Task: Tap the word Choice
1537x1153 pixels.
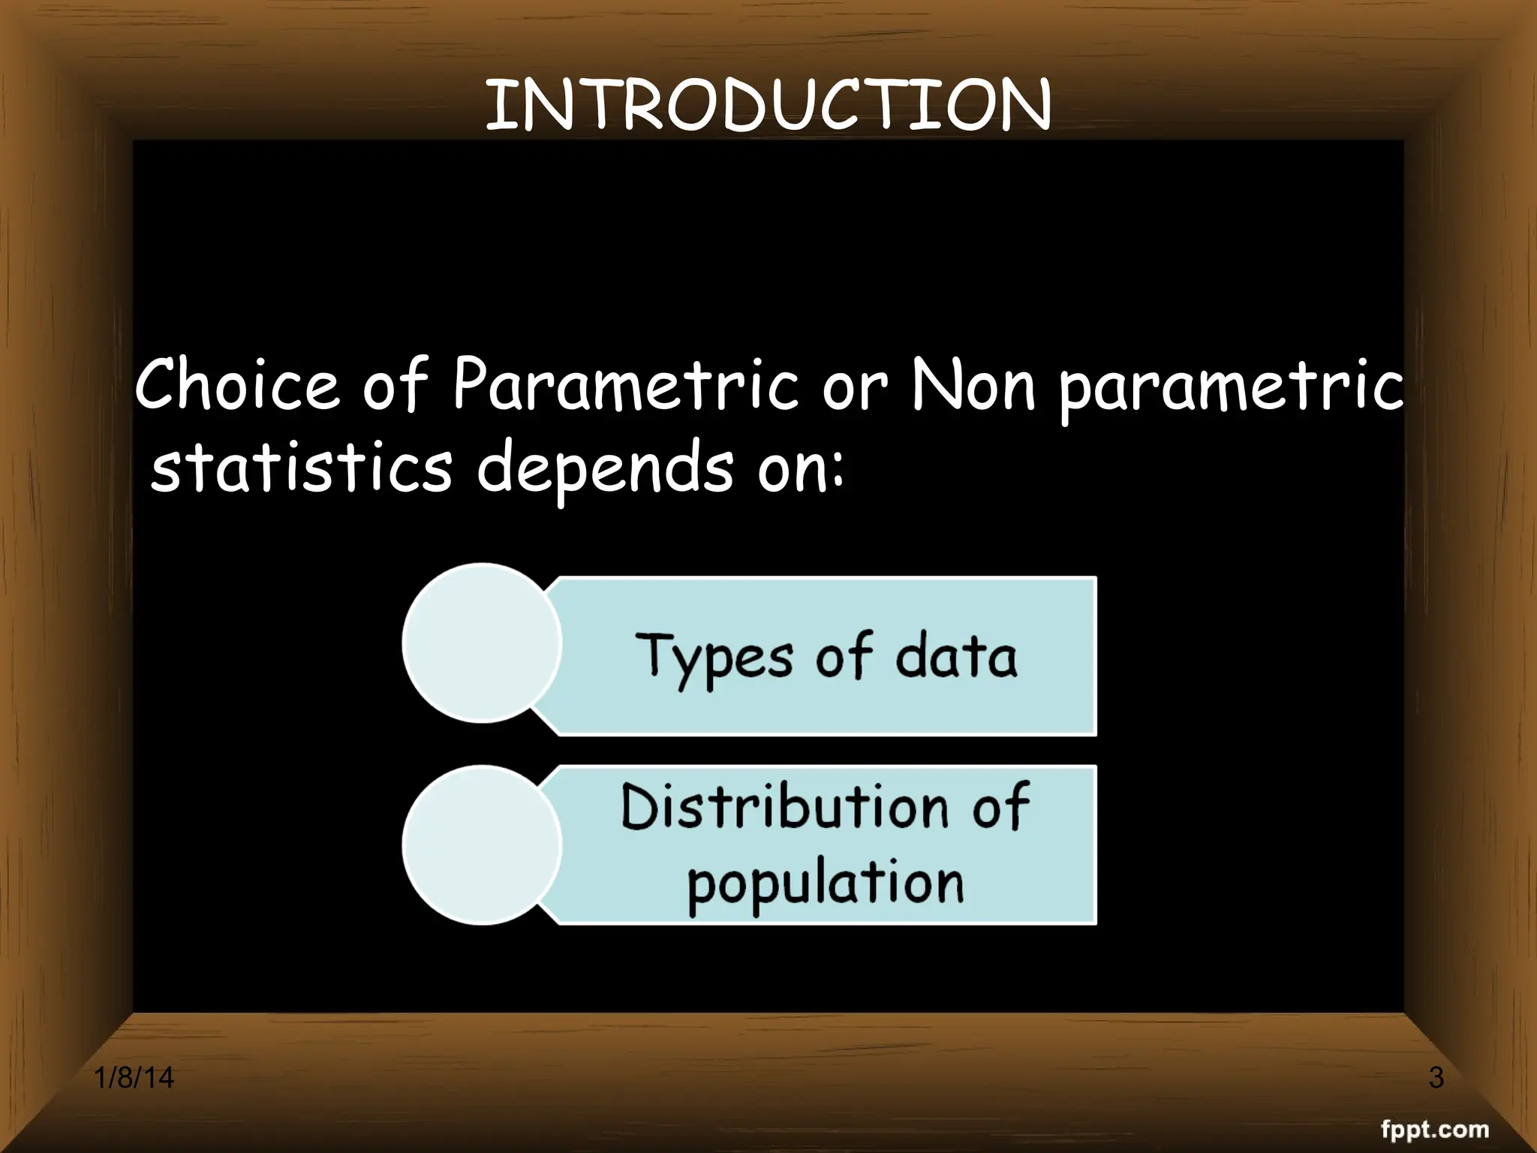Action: click(x=237, y=384)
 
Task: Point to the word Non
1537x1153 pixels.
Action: click(x=973, y=384)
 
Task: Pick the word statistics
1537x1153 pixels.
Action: click(x=302, y=467)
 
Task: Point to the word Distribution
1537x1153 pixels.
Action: click(x=784, y=807)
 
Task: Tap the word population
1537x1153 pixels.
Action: click(x=826, y=884)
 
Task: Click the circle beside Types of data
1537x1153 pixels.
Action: click(x=482, y=643)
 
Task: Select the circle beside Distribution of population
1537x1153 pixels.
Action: click(x=482, y=845)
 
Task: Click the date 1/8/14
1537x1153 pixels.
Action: click(x=134, y=1077)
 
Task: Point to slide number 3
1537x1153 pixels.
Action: click(x=1436, y=1077)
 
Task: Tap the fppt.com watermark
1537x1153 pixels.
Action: click(x=1434, y=1128)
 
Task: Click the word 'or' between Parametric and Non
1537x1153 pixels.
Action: click(x=854, y=389)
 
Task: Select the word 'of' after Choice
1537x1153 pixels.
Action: click(x=395, y=384)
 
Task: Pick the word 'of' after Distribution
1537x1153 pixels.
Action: click(x=1000, y=807)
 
